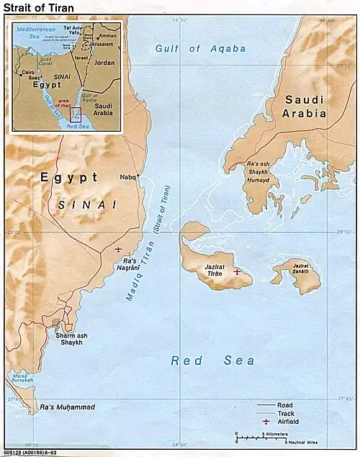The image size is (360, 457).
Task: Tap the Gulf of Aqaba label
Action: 200,49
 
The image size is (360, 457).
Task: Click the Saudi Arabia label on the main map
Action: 305,107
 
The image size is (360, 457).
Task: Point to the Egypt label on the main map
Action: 68,176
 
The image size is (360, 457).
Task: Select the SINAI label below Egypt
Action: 86,204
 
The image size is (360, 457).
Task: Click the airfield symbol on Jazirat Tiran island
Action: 237,271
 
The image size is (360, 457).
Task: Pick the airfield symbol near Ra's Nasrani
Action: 118,249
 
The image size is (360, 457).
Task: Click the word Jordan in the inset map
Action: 104,63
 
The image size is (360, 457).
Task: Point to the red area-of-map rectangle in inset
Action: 75,113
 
